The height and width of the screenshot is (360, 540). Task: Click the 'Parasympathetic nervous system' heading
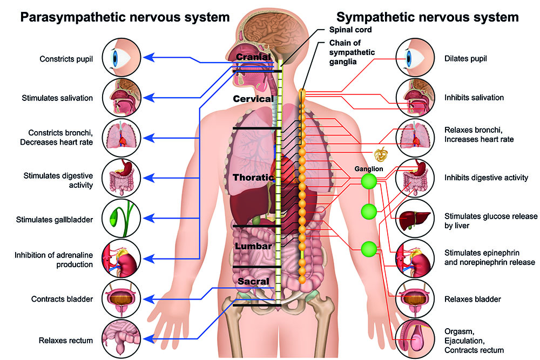click(x=125, y=17)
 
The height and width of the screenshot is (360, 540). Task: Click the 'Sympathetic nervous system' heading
click(x=427, y=17)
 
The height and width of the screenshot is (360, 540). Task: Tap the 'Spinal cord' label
click(x=350, y=30)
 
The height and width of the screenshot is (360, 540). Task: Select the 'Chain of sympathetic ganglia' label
click(x=352, y=52)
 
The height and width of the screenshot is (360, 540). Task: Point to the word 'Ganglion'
click(x=369, y=169)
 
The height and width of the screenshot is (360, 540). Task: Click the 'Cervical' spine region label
click(x=253, y=99)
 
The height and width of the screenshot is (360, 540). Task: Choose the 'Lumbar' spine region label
click(x=253, y=246)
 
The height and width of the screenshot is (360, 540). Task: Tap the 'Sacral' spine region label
click(x=253, y=281)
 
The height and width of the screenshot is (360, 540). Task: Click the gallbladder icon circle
click(x=121, y=218)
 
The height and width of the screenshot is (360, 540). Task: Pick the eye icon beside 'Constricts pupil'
click(x=121, y=57)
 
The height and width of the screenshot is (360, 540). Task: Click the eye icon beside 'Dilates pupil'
click(x=415, y=57)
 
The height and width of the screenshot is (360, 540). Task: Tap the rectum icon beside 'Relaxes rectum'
click(x=121, y=339)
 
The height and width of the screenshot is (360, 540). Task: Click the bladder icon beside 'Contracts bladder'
click(x=121, y=298)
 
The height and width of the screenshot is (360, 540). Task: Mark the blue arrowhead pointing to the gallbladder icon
click(x=148, y=218)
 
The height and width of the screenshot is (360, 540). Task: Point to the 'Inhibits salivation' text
click(x=474, y=98)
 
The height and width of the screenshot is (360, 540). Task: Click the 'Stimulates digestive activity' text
click(x=58, y=180)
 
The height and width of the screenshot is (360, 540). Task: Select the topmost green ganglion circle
click(x=369, y=181)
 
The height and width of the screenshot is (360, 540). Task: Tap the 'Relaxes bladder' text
click(x=473, y=300)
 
